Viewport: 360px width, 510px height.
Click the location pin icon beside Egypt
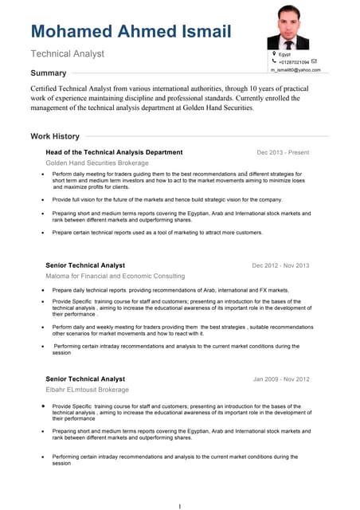tap(274, 53)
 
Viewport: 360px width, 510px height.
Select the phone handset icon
tap(274, 61)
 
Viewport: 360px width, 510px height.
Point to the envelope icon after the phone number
tap(314, 61)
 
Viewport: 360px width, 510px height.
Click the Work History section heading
tap(55, 136)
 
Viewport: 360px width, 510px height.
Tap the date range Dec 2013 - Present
tap(283, 152)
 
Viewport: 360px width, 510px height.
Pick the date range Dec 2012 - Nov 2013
tap(280, 265)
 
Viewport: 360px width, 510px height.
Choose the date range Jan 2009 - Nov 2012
tap(281, 379)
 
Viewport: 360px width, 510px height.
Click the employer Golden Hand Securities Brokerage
tap(97, 163)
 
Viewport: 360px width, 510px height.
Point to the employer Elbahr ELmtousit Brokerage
tap(87, 390)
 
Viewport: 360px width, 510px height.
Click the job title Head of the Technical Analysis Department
tap(114, 152)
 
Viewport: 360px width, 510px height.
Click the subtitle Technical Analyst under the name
tap(67, 54)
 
